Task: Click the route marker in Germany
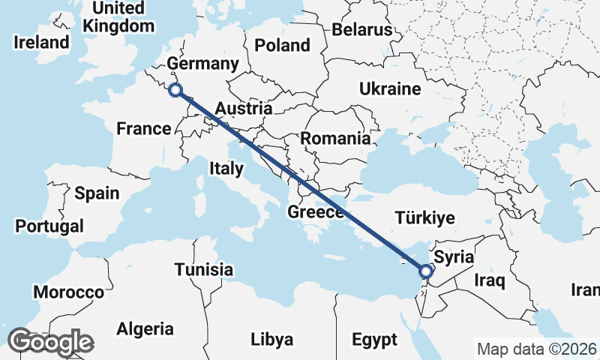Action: (x=175, y=90)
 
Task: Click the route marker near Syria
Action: (x=425, y=271)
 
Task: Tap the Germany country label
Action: (x=202, y=63)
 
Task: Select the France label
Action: (x=144, y=129)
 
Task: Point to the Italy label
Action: (x=226, y=169)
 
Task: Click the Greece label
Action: (x=315, y=213)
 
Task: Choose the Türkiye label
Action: (x=425, y=218)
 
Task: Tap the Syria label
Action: (x=454, y=257)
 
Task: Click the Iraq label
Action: (x=490, y=281)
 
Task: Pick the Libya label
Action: (x=271, y=340)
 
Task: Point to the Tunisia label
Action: (x=203, y=269)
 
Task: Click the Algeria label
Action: (x=145, y=328)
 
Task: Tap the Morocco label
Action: (x=68, y=292)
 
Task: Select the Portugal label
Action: (x=49, y=226)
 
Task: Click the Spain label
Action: (x=97, y=193)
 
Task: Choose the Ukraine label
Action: (x=390, y=88)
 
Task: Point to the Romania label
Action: (x=335, y=138)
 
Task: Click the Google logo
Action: (x=50, y=342)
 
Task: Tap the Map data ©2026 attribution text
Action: (x=536, y=349)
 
